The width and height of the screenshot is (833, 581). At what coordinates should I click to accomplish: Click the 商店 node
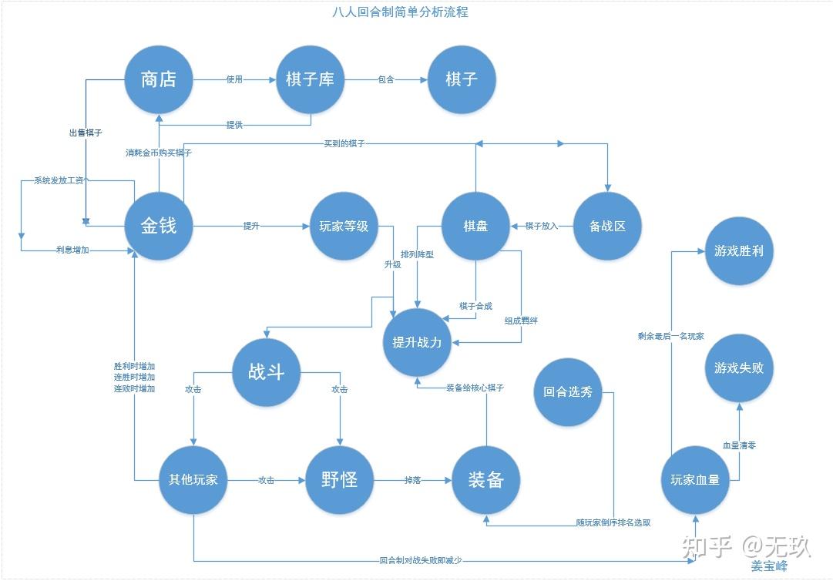159,79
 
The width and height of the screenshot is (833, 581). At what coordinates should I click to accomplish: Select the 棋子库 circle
310,79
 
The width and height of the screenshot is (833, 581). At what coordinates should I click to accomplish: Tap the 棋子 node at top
462,79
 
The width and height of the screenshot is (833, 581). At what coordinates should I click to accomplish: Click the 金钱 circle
159,225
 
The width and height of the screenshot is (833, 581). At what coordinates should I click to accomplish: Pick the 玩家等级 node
344,226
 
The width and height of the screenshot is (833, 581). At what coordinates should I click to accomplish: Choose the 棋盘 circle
475,226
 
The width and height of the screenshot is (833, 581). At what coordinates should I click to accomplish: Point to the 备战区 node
607,226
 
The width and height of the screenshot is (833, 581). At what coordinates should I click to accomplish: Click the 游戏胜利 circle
739,250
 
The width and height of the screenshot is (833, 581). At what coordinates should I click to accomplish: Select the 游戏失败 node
739,368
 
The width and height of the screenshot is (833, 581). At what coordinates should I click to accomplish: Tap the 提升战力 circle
417,342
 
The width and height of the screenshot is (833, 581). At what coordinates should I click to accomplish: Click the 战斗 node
267,373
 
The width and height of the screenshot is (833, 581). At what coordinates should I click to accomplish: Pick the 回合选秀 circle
568,391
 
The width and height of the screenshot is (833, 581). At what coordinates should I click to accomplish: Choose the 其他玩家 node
193,479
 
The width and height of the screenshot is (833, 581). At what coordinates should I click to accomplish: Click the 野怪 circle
339,479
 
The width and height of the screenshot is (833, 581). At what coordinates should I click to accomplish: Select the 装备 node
485,479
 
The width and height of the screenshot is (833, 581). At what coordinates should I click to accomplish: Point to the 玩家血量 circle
695,479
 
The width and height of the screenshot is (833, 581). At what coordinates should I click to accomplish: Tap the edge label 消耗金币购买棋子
159,153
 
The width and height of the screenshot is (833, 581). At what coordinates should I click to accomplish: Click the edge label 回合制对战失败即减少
421,560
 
